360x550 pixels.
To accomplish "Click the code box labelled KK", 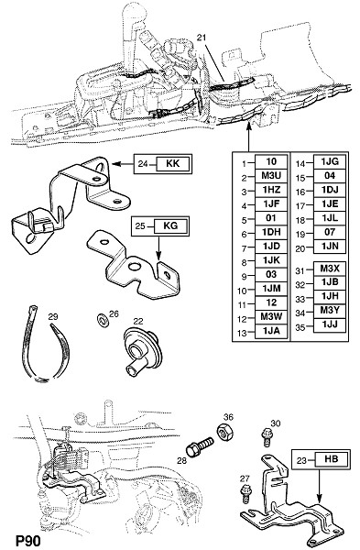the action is tap(172, 163).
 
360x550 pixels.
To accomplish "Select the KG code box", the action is tap(170, 226).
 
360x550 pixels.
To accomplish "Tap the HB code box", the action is tap(331, 459).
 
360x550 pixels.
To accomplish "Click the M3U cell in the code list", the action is tap(271, 176).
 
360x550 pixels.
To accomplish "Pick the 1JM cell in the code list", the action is tap(271, 289).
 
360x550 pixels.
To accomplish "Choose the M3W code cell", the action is tap(271, 317).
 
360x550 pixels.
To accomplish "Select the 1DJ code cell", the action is tap(330, 190).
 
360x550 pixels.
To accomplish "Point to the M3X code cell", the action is tap(330, 269).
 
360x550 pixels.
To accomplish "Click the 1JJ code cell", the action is tap(330, 325).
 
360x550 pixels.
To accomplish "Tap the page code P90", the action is tap(28, 541).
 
